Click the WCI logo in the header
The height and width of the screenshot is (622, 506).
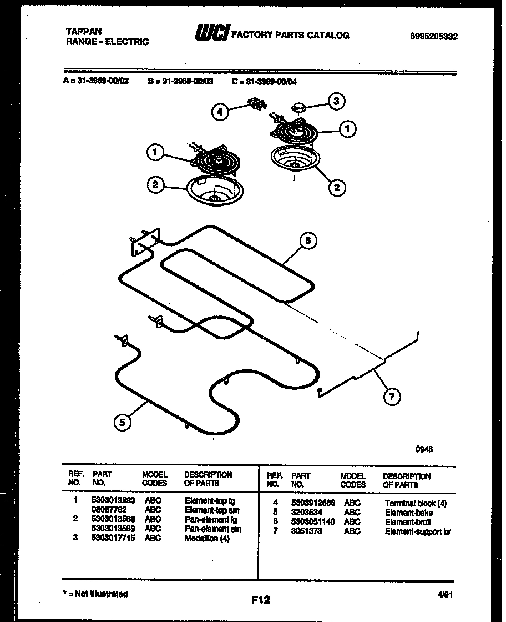tap(211, 34)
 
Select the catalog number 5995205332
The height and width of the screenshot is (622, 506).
tap(434, 37)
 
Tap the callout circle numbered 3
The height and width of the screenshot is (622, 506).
tap(335, 101)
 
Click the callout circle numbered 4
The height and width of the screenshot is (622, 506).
tap(220, 112)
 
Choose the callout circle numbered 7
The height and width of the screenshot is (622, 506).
tap(392, 397)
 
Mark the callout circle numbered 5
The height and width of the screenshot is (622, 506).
tap(123, 423)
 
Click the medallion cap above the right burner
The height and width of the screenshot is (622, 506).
tap(300, 106)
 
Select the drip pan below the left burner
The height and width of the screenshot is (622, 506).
tap(212, 190)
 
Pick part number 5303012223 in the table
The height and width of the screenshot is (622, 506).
tap(113, 500)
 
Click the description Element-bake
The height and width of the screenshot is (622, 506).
tap(408, 513)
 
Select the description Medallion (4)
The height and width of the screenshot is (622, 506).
tap(206, 539)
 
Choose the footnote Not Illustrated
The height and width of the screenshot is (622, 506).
tap(97, 594)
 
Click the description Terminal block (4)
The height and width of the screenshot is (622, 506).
tap(415, 503)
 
